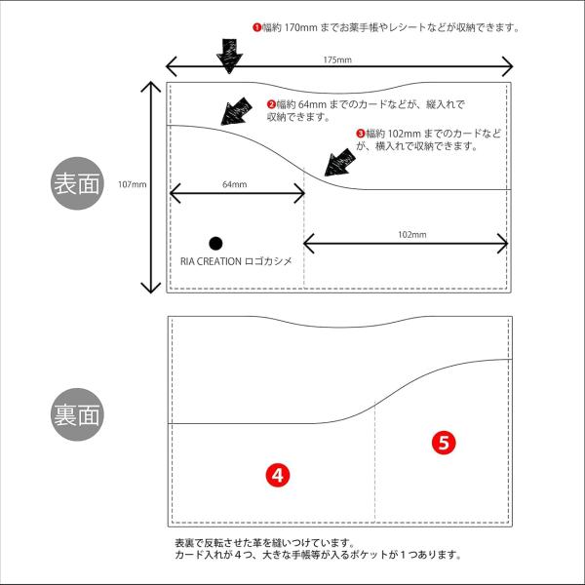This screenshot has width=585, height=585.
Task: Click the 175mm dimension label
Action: click(337, 59)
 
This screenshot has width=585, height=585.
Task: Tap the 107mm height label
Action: click(132, 184)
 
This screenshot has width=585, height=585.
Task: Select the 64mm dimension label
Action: click(234, 184)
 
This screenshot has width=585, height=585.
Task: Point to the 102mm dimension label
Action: click(411, 235)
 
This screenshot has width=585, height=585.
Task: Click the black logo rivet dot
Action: click(215, 243)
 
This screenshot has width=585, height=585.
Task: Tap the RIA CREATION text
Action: click(211, 261)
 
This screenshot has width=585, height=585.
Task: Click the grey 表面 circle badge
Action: click(77, 183)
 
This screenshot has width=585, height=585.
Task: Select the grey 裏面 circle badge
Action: click(77, 414)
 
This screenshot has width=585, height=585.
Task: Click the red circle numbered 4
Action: click(278, 476)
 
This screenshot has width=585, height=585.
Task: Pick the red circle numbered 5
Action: click(444, 443)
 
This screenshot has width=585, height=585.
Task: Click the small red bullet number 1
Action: click(256, 27)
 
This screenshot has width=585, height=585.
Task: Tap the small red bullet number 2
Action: click(271, 104)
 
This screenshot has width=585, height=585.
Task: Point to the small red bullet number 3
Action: click(361, 134)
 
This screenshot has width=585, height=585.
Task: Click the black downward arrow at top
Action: click(229, 56)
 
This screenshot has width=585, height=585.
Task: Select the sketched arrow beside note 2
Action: click(236, 111)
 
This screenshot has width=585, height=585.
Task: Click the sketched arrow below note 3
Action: click(339, 163)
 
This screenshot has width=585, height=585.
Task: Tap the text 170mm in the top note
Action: click(300, 27)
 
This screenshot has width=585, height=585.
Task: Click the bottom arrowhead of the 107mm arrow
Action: click(150, 288)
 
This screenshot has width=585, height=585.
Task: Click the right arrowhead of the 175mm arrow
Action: click(508, 66)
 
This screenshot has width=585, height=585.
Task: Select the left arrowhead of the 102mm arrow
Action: click(308, 244)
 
